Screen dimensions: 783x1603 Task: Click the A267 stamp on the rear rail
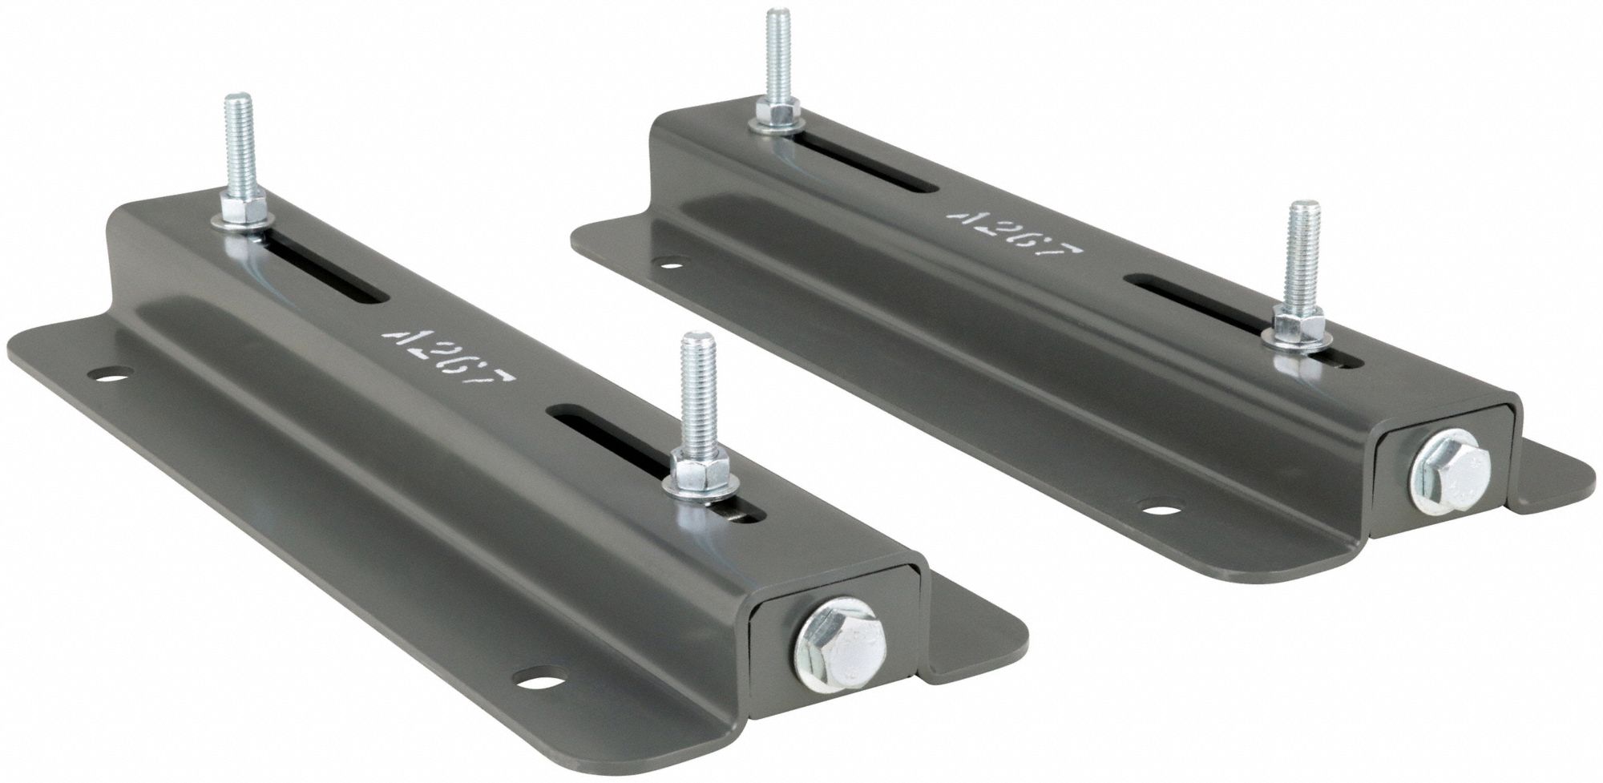click(1014, 238)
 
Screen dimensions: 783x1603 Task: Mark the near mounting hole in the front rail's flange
click(533, 677)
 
